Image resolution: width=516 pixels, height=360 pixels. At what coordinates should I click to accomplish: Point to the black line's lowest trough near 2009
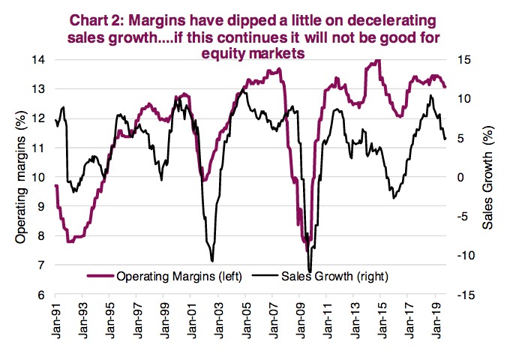click(310, 271)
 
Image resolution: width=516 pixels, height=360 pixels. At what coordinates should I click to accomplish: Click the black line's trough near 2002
click(212, 260)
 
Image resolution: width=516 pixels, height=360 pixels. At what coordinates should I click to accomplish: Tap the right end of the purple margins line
click(445, 87)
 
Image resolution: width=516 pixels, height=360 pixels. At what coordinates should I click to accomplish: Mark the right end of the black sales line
click(445, 139)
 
